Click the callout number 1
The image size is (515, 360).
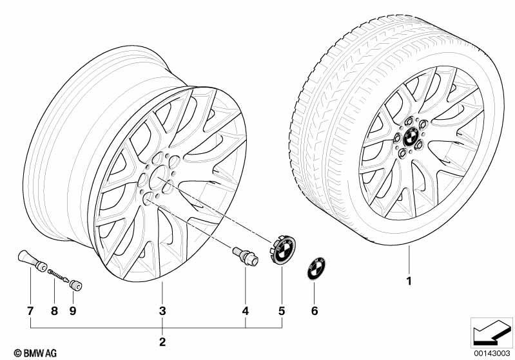point(409,281)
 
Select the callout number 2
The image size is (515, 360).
point(162,342)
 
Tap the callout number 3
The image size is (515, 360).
point(162,311)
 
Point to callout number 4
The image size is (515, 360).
point(246,311)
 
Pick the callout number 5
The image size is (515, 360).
point(282,311)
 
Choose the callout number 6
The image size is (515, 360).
point(315,311)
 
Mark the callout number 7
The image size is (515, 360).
point(30,311)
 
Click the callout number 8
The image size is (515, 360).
point(54,311)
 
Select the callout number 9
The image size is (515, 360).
point(73,311)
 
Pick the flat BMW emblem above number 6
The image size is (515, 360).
point(316,269)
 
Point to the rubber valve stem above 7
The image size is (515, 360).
point(32,261)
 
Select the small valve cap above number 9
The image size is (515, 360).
point(76,285)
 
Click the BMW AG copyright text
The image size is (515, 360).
point(35,353)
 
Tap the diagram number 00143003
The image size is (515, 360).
point(492,353)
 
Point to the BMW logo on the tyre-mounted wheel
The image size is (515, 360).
point(410,138)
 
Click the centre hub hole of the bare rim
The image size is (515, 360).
point(159,177)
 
